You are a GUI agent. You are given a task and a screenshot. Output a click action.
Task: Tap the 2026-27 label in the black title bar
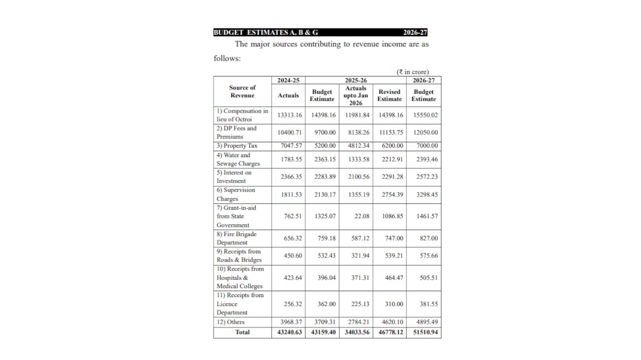(x=415, y=33)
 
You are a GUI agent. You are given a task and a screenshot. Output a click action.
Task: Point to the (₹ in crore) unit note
(x=412, y=72)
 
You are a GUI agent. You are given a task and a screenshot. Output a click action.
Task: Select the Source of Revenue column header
(x=242, y=91)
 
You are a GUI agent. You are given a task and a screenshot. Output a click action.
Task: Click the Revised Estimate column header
(x=389, y=95)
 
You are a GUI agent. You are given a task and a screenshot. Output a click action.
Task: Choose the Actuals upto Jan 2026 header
(x=356, y=95)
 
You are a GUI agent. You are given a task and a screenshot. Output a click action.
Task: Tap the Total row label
(x=243, y=332)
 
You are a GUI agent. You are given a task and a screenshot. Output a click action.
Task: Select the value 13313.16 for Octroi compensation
(x=290, y=115)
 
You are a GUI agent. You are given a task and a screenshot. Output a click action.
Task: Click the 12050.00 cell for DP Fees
(x=426, y=132)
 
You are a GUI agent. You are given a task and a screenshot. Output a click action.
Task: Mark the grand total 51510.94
(x=426, y=332)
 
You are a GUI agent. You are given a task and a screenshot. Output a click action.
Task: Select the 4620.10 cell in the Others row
(x=392, y=322)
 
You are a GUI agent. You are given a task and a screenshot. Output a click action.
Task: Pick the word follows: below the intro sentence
(x=227, y=58)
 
